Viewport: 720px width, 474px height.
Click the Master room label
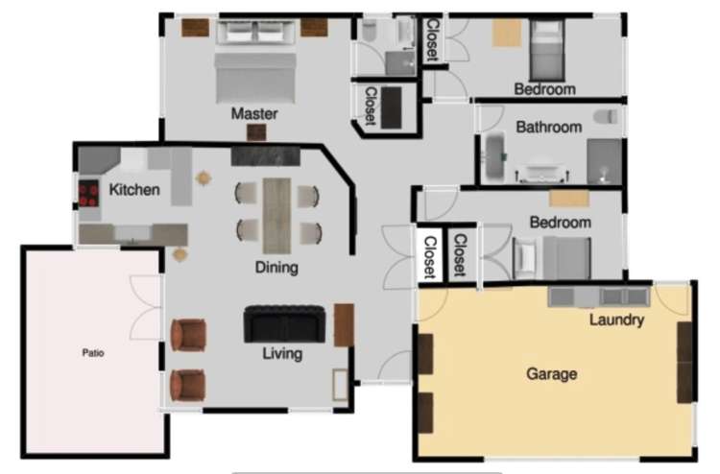click(254, 114)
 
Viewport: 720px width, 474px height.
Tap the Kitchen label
click(134, 190)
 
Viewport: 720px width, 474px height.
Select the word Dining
click(276, 268)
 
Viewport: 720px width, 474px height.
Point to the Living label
click(282, 354)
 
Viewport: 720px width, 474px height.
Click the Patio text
click(93, 353)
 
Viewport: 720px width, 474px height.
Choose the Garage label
click(552, 374)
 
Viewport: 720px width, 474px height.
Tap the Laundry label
click(616, 320)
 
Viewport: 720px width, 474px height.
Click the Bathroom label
click(548, 127)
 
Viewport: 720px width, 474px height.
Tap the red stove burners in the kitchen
click(87, 195)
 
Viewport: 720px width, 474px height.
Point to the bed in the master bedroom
click(255, 75)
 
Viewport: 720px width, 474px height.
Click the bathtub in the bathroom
click(493, 158)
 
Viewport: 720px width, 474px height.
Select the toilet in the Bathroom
click(603, 117)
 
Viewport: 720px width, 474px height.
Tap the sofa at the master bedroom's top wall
click(255, 32)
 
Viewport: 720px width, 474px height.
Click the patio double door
click(148, 308)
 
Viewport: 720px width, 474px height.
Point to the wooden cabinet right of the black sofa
click(344, 324)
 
